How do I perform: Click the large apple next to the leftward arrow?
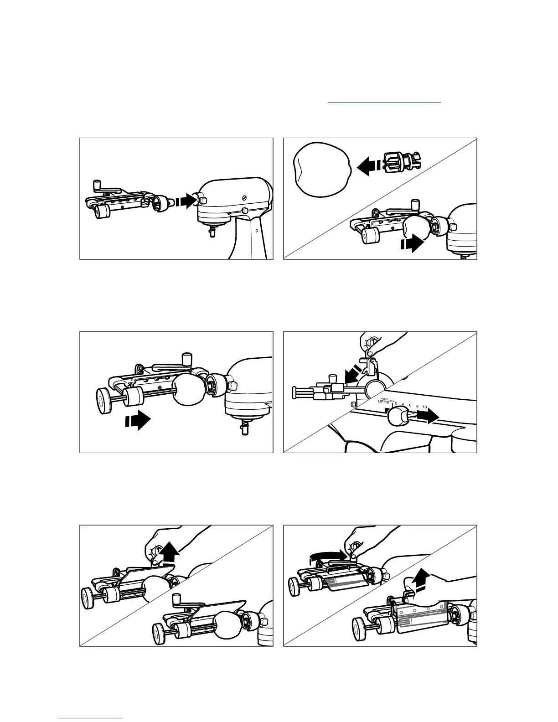pyautogui.click(x=322, y=169)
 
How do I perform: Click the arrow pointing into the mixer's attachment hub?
pyautogui.click(x=185, y=201)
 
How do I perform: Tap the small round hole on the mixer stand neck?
pyautogui.click(x=257, y=231)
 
